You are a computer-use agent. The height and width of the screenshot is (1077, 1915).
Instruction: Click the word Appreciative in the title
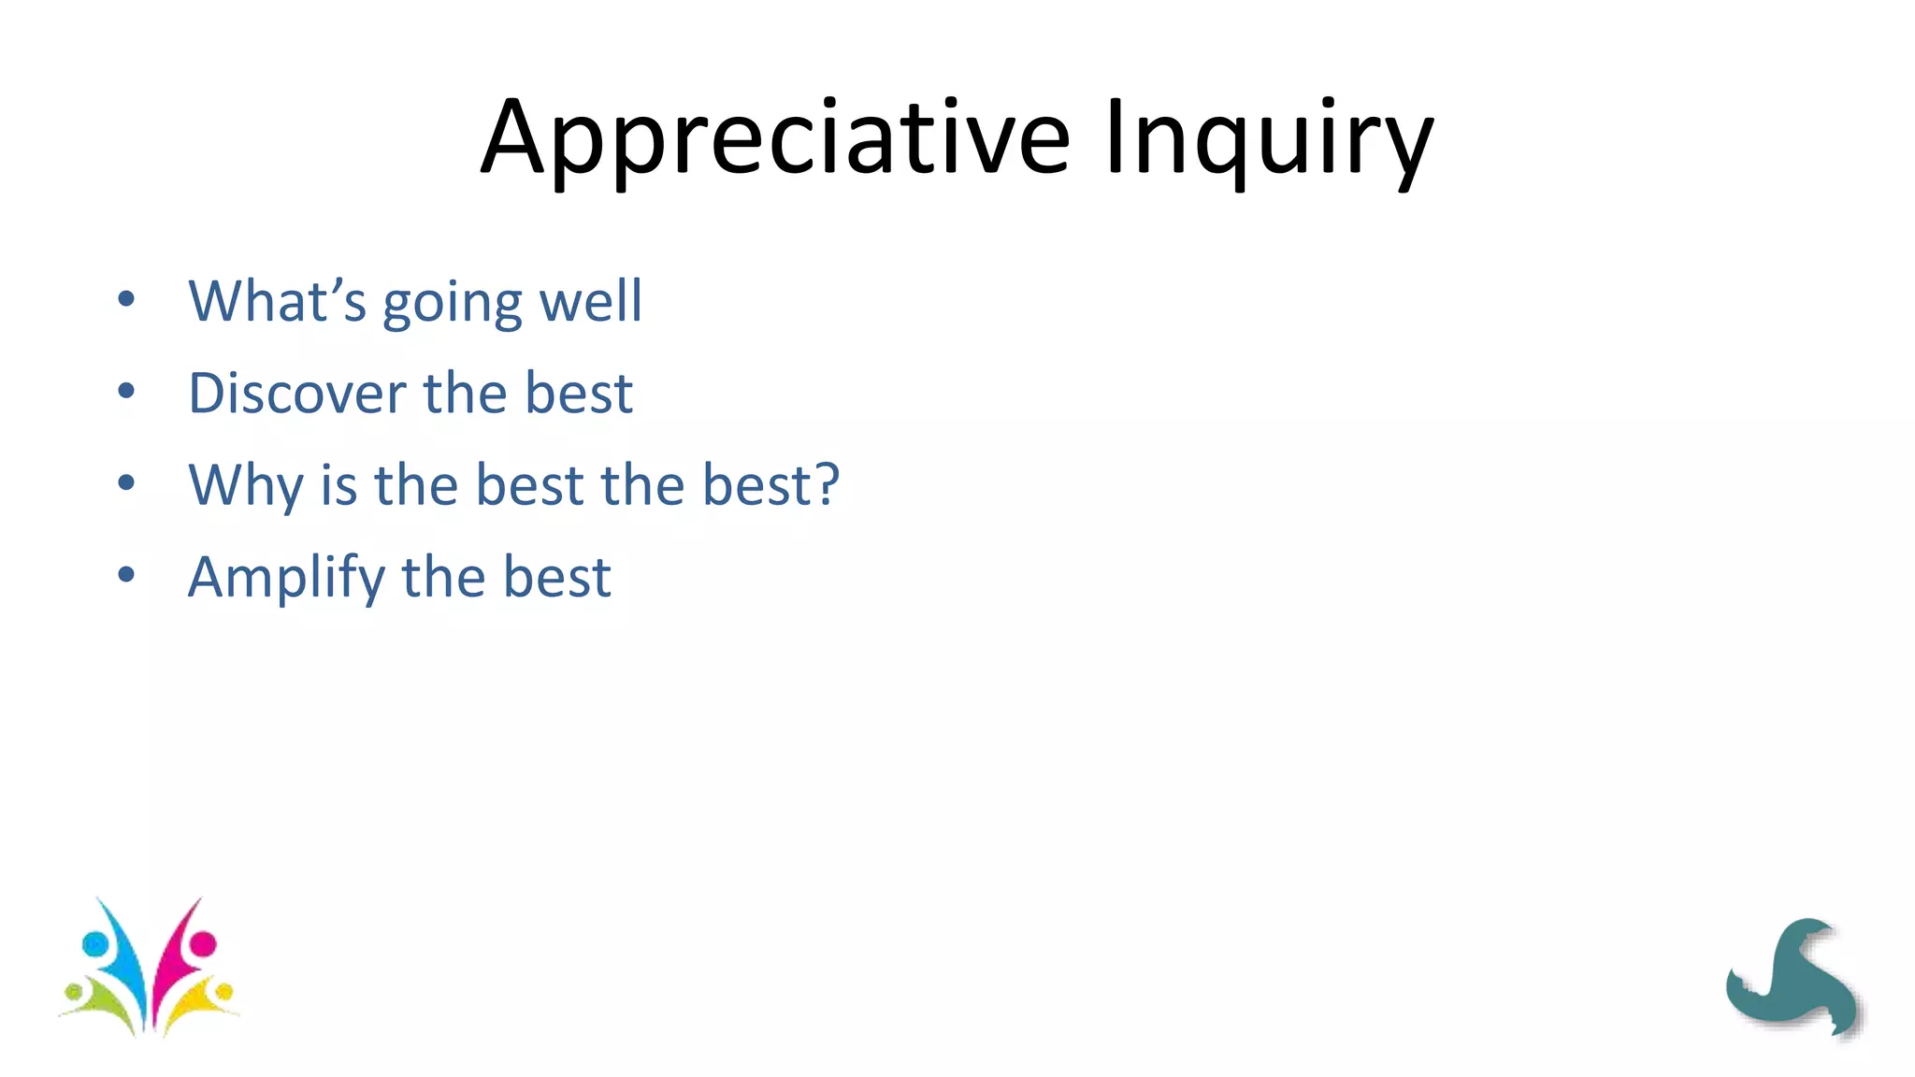tap(774, 138)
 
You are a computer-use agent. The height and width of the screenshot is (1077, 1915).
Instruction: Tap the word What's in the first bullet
tap(277, 301)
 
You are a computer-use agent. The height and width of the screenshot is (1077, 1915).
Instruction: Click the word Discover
tap(296, 393)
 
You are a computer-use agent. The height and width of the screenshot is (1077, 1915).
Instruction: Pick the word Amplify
tap(286, 578)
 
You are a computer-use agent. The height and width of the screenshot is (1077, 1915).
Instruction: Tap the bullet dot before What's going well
tap(126, 300)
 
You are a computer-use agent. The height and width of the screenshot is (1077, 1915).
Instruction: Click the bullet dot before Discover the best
tap(126, 392)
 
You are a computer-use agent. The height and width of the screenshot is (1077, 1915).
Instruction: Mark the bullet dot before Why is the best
tap(126, 483)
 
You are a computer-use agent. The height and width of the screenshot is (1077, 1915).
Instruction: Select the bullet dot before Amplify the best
tap(126, 575)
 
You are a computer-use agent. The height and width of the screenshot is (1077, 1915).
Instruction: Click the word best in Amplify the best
tap(557, 577)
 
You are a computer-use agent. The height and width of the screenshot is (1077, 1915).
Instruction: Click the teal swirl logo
tap(1793, 977)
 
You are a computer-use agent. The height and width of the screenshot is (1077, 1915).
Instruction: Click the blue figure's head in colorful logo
tap(94, 943)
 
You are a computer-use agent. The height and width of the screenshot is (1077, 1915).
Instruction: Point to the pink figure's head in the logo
tap(203, 943)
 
